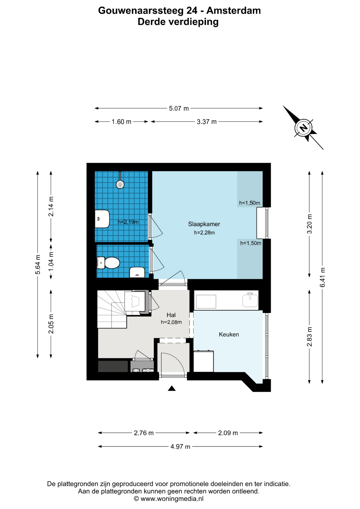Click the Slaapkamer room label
coord(204,224)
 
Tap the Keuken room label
coord(229,335)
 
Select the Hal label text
coord(171,315)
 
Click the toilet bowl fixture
coord(108,263)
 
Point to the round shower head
coord(120,185)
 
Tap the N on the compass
coord(303,128)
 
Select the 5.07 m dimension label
coord(179,108)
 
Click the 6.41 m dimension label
coord(322,277)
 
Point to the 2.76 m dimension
coord(144,433)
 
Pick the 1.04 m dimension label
coord(51,261)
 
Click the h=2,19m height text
coord(128,222)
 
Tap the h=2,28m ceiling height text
coord(204,233)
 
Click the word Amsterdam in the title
coord(234,11)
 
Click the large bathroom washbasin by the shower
coord(102,219)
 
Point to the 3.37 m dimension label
coord(207,122)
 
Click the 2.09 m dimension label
coord(228,433)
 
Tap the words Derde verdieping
coord(178,22)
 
